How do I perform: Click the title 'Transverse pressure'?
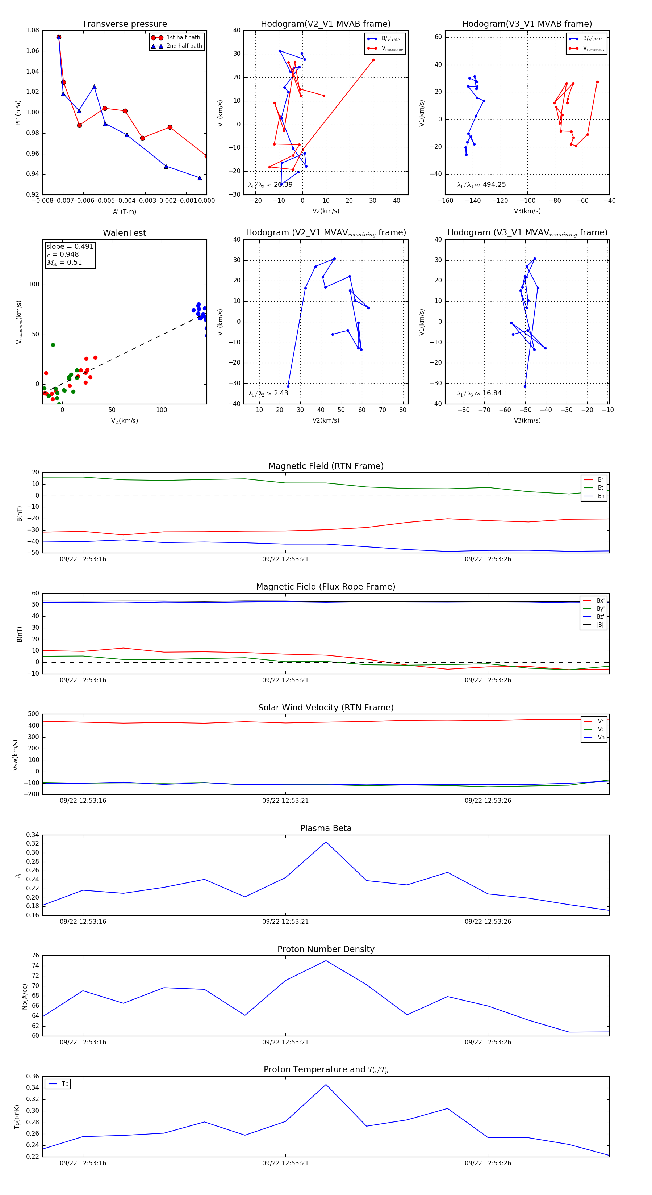pyautogui.click(x=124, y=24)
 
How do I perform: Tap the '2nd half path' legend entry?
pyautogui.click(x=184, y=46)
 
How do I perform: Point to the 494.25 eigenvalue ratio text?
pyautogui.click(x=494, y=185)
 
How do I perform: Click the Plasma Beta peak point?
pyautogui.click(x=326, y=842)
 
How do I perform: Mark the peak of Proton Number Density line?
pyautogui.click(x=326, y=961)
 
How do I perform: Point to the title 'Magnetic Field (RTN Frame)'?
pyautogui.click(x=326, y=466)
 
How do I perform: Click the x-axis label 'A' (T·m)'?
pyautogui.click(x=124, y=212)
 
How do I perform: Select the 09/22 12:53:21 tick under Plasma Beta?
pyautogui.click(x=285, y=922)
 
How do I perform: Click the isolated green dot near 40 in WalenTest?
pyautogui.click(x=53, y=345)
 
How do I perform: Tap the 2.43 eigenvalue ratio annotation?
pyautogui.click(x=281, y=393)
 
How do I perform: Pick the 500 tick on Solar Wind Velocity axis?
pyautogui.click(x=33, y=714)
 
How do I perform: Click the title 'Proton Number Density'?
pyautogui.click(x=326, y=949)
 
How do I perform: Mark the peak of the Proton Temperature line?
pyautogui.click(x=326, y=1085)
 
